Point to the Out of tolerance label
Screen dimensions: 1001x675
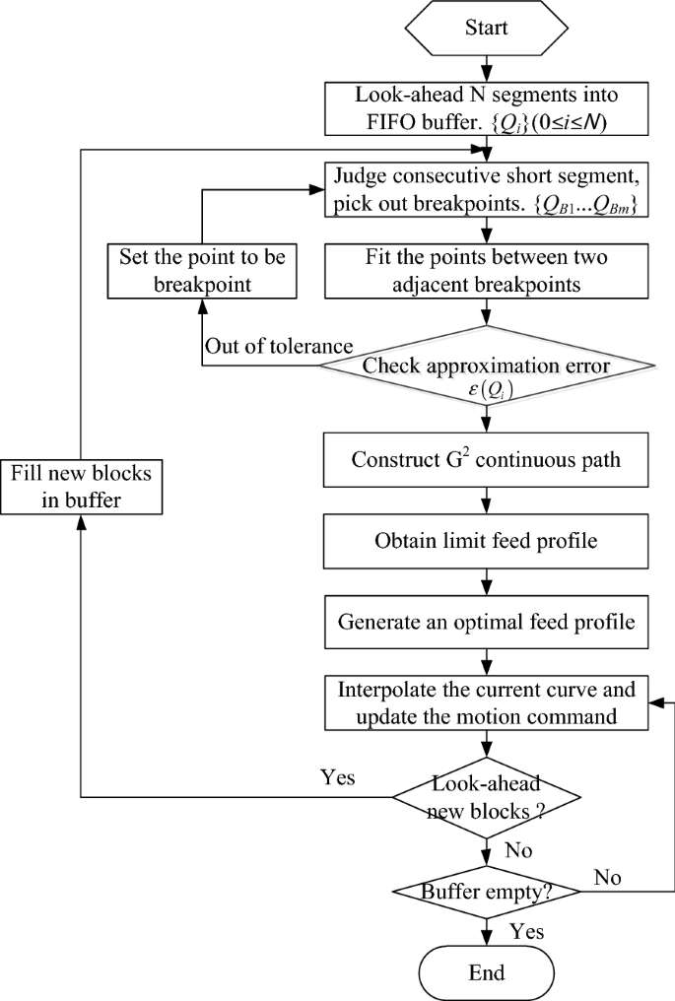tap(265, 348)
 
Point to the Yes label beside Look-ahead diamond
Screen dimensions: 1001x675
tap(339, 776)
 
